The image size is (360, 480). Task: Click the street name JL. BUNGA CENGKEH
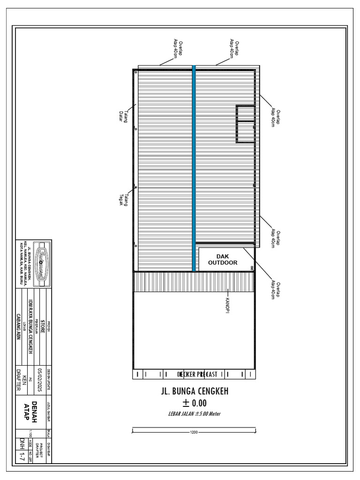tap(195, 391)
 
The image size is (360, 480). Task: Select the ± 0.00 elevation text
tap(194, 403)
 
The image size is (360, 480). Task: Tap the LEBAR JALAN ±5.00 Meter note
tap(194, 413)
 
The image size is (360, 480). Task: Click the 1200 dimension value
tap(194, 432)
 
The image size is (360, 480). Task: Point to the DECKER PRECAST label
tap(197, 374)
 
